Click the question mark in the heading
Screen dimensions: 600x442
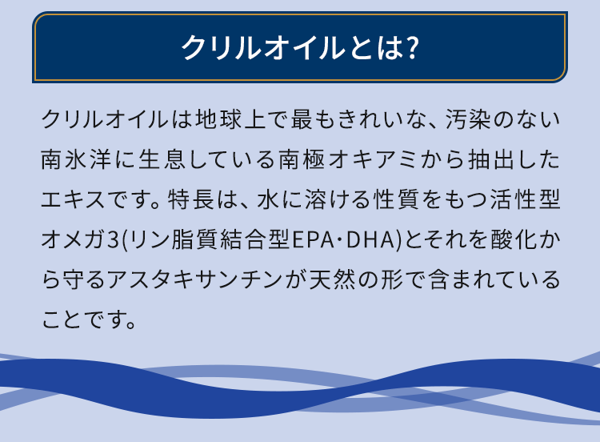(413, 48)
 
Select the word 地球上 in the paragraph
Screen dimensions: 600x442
(230, 119)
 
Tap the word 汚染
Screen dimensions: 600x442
(468, 119)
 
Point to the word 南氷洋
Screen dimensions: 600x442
(76, 159)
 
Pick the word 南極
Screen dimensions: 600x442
(302, 159)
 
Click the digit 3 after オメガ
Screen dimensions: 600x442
(113, 240)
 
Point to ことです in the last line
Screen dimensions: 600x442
(88, 320)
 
